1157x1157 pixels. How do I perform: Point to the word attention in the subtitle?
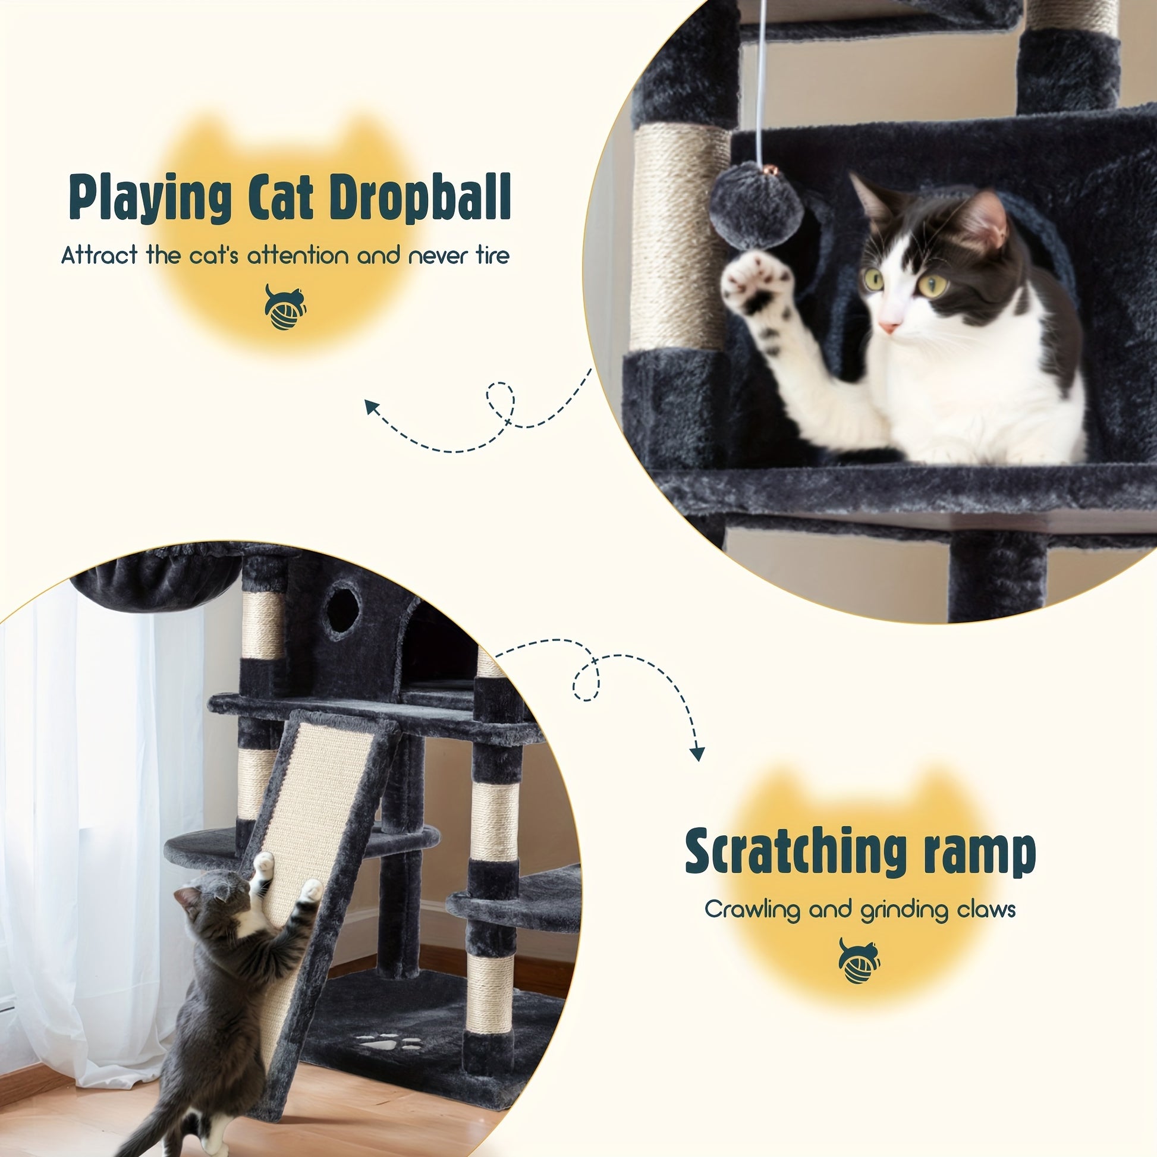pyautogui.click(x=299, y=256)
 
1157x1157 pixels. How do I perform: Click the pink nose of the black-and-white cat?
pyautogui.click(x=889, y=327)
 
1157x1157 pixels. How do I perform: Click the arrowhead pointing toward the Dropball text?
pyautogui.click(x=373, y=407)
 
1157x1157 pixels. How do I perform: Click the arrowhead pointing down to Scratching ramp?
pyautogui.click(x=696, y=753)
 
